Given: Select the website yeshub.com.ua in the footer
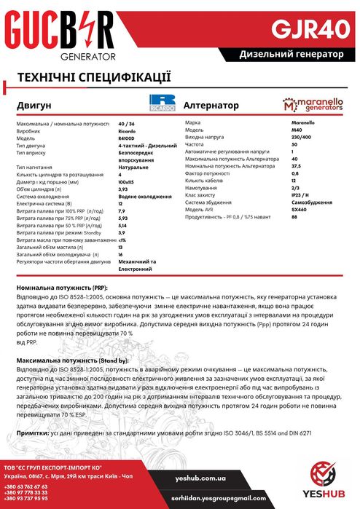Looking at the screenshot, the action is click(200, 478).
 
